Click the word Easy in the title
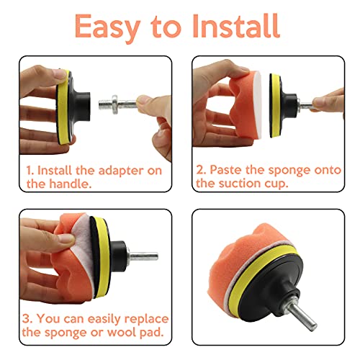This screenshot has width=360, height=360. [107, 27]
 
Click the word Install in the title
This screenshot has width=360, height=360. [235, 26]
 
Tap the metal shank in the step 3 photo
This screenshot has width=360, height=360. [143, 256]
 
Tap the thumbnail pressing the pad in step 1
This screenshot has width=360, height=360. [59, 74]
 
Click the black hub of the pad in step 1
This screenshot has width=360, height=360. [81, 106]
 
